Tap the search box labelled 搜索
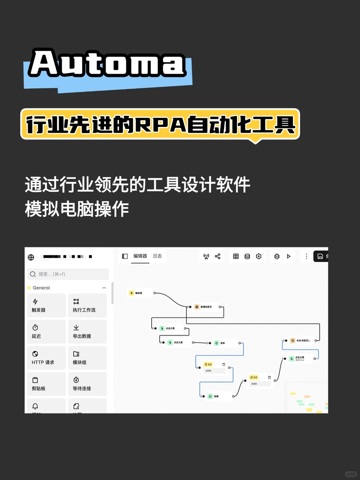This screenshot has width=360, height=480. pyautogui.click(x=68, y=274)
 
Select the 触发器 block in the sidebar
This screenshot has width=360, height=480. pyautogui.click(x=46, y=305)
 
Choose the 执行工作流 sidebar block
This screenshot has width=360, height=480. pyautogui.click(x=87, y=305)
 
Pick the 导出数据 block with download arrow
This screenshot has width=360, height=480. pyautogui.click(x=87, y=332)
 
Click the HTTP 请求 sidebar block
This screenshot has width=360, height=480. pyautogui.click(x=46, y=358)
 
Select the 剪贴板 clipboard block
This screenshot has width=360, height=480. pyautogui.click(x=46, y=384)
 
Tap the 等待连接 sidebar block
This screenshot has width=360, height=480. pyautogui.click(x=87, y=384)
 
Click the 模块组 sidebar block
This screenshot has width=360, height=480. pyautogui.click(x=87, y=358)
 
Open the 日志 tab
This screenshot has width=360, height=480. pyautogui.click(x=157, y=256)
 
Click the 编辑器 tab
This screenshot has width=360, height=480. pyautogui.click(x=140, y=256)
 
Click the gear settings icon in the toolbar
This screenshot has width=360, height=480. pyautogui.click(x=259, y=256)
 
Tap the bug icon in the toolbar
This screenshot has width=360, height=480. pyautogui.click(x=277, y=256)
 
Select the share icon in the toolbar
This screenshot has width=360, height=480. pyautogui.click(x=218, y=256)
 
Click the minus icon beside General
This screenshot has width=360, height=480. pyautogui.click(x=104, y=288)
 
